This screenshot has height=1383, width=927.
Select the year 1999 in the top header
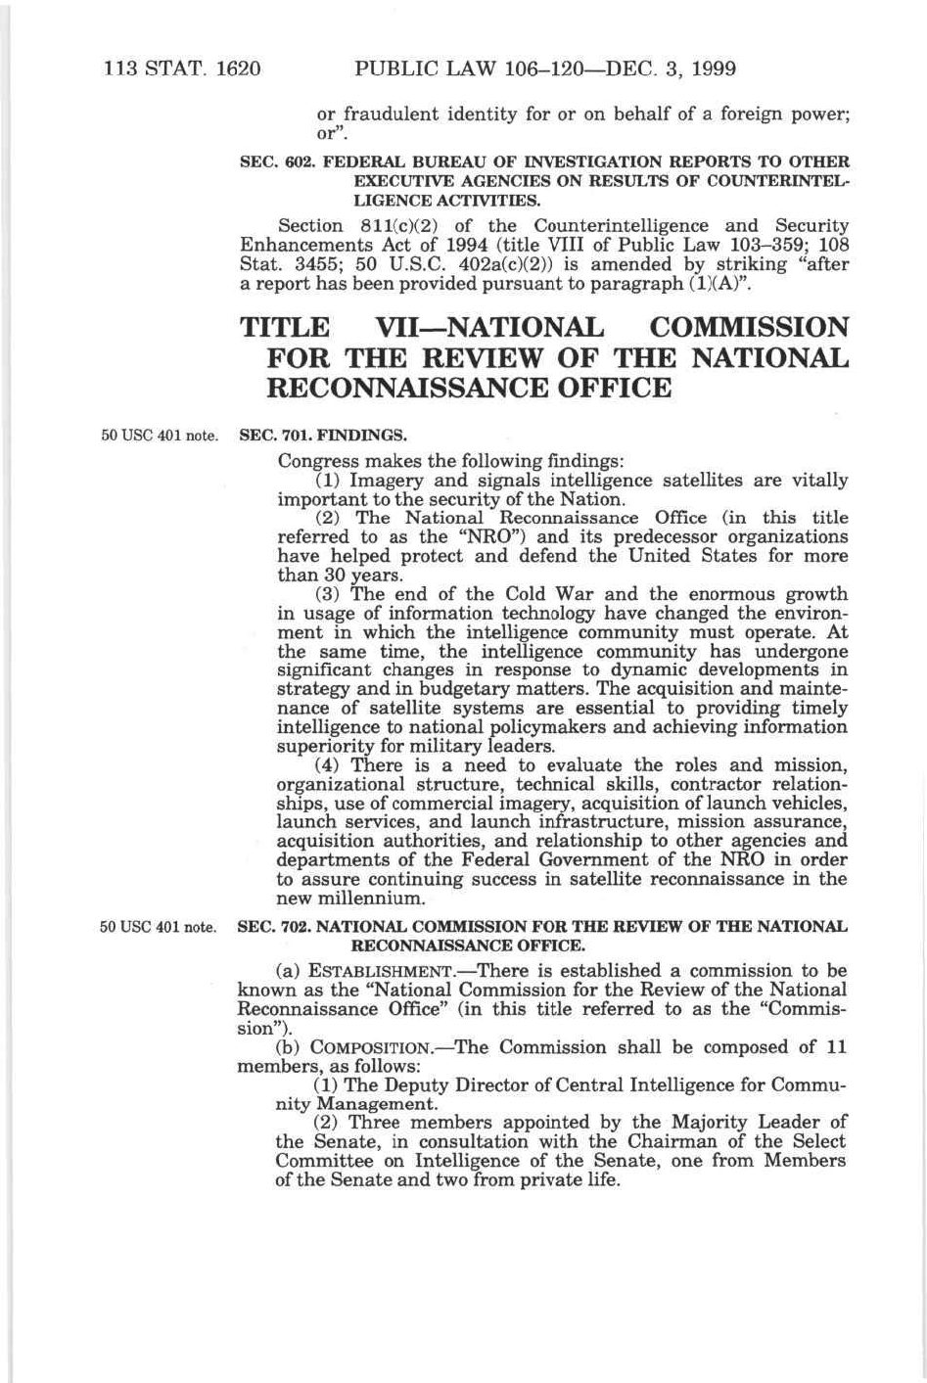[x=707, y=69]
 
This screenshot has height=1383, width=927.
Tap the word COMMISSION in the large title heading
[x=749, y=328]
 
